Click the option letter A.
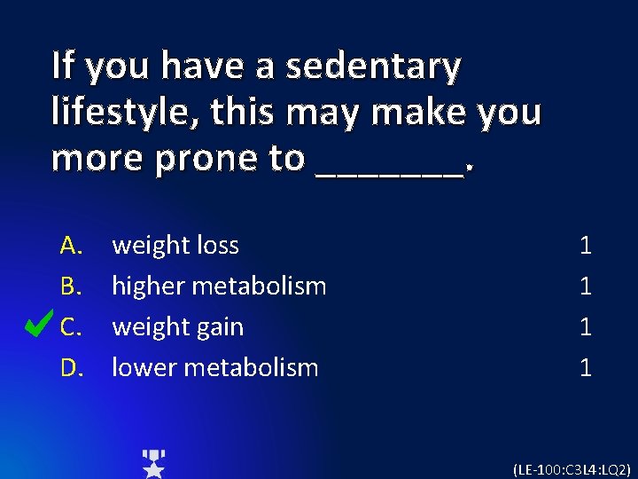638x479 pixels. coord(71,245)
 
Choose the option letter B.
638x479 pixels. coord(71,286)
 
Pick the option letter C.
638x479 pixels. coord(71,326)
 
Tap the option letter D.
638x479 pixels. coord(71,367)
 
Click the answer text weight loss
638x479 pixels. coord(175,245)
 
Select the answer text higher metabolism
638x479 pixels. coord(219,286)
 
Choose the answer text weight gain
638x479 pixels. coord(177,326)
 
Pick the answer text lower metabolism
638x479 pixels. coord(214,367)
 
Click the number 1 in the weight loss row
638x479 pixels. coord(585,245)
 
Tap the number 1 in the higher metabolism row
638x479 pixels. coord(585,286)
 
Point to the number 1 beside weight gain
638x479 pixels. coord(585,326)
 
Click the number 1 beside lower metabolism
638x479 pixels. coord(585,367)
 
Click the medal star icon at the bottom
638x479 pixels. coord(154,463)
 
